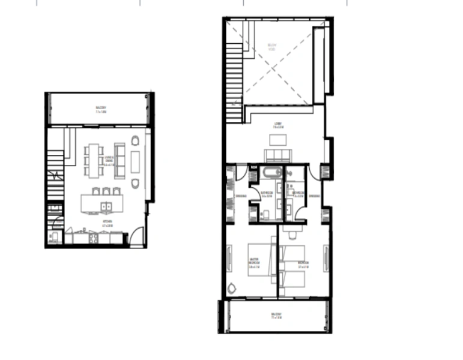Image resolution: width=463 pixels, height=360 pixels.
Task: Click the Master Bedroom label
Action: coord(255,262)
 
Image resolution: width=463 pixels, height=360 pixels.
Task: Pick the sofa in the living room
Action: coord(120,158)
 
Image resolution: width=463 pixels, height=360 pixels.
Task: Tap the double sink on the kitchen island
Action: coord(106,207)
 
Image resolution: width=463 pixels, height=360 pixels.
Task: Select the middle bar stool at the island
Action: coord(106,192)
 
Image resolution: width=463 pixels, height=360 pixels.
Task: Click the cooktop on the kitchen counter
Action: coord(94,238)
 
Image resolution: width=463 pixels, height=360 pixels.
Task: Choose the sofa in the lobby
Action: coord(277,156)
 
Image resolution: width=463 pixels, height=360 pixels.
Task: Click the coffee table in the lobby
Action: coord(277,140)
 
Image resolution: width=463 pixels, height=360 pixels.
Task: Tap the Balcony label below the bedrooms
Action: coord(276,316)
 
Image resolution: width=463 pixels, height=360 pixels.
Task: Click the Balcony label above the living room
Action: coord(100,110)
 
